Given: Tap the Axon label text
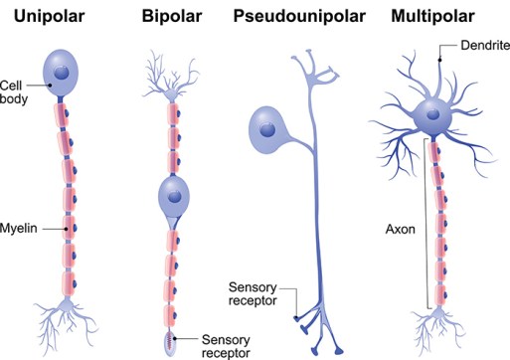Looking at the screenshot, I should point(401,226).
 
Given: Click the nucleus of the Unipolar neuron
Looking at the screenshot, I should point(64,73).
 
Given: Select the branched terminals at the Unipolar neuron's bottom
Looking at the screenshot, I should point(67,323).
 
